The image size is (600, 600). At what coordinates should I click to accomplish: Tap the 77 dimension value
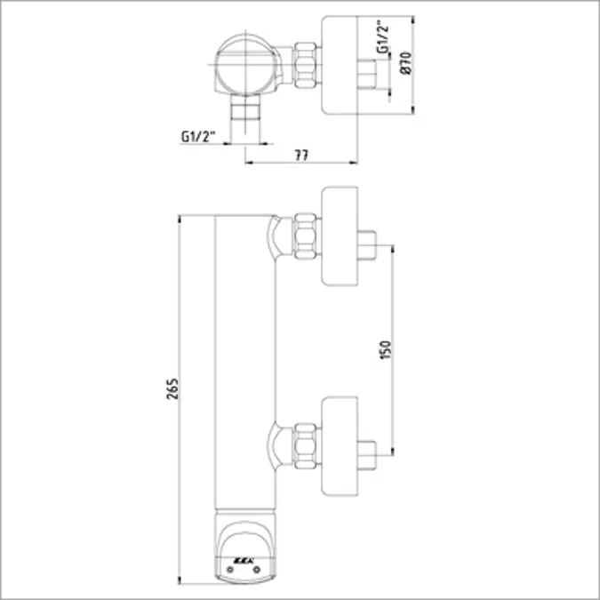coord(300,156)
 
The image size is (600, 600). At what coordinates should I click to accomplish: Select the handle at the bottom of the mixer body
coord(244,548)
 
